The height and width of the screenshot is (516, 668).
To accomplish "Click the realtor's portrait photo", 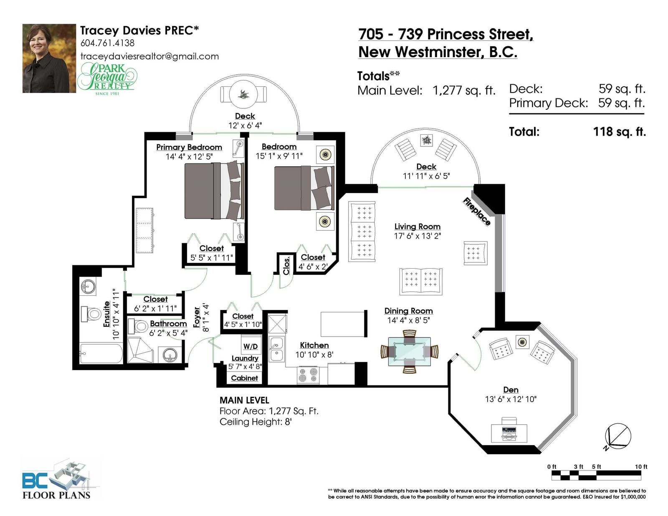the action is click(49, 58).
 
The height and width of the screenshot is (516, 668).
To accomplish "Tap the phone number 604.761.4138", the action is click(107, 43).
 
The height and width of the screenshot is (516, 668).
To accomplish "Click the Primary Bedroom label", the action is click(189, 147).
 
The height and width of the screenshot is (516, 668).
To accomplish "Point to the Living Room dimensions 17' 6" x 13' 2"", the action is click(417, 236).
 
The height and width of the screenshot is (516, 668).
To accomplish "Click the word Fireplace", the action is click(476, 211).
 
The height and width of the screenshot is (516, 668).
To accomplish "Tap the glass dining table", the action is click(410, 352).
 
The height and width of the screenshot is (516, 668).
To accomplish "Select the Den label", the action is click(511, 390).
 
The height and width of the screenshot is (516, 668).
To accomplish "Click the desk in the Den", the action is click(509, 433).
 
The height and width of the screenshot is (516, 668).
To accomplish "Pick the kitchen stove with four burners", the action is click(308, 376).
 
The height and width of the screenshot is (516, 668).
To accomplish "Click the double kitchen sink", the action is click(277, 349).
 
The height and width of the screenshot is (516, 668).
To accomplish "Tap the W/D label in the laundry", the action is click(250, 347).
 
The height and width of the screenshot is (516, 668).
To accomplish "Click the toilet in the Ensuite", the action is click(91, 314).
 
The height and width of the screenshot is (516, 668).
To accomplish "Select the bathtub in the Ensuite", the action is click(101, 353).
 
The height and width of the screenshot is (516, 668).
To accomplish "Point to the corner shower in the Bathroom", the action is click(140, 350).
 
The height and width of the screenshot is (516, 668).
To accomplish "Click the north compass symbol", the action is click(617, 436).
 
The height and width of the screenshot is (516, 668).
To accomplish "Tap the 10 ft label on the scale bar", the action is click(641, 467).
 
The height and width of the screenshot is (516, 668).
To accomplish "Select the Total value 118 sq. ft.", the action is click(620, 132).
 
